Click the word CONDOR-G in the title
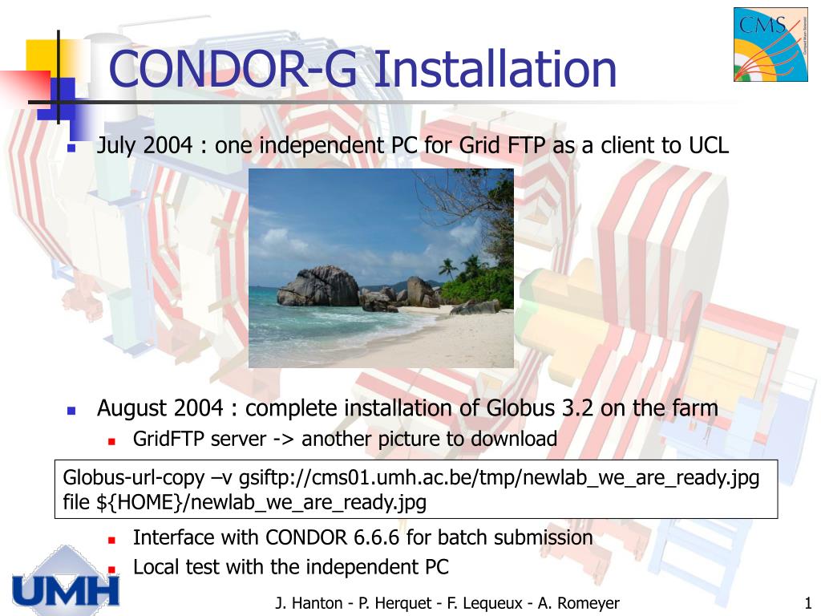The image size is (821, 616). [x=233, y=69]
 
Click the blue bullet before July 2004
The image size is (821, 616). [x=71, y=148]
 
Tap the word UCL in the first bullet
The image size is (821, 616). [x=708, y=145]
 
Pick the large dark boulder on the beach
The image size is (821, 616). [x=318, y=287]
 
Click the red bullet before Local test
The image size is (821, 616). [x=112, y=569]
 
